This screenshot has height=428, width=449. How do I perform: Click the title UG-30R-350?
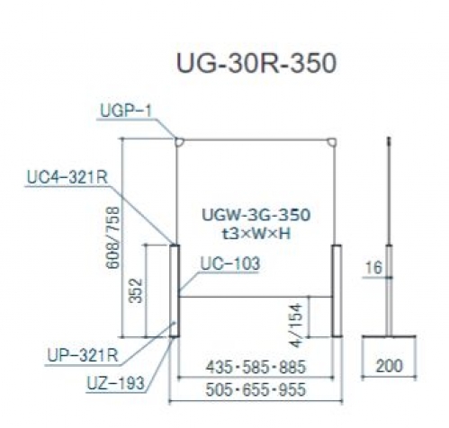[x=256, y=64]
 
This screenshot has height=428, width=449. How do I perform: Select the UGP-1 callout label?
[x=126, y=111]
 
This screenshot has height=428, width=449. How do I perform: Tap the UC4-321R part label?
[x=67, y=177]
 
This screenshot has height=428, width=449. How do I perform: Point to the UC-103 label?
[x=229, y=264]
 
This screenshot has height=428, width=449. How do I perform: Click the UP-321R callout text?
[x=83, y=356]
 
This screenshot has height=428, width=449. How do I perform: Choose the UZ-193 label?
[x=116, y=383]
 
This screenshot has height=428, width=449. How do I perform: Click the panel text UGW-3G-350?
[x=256, y=215]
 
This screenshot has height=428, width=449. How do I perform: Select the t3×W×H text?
[x=256, y=234]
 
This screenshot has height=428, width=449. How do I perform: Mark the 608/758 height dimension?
[x=113, y=237]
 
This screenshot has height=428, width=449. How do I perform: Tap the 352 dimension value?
[x=136, y=290]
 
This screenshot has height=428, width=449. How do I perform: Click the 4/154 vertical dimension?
[x=296, y=325]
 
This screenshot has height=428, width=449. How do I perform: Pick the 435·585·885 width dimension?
[x=256, y=367]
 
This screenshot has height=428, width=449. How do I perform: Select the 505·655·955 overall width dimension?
[x=256, y=389]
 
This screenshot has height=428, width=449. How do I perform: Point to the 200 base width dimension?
[x=389, y=366]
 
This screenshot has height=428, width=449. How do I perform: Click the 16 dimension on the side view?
[x=374, y=267]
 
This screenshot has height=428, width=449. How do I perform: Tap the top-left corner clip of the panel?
[x=180, y=142]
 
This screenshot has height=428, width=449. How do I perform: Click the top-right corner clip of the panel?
[x=332, y=142]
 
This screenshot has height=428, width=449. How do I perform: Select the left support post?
[x=175, y=290]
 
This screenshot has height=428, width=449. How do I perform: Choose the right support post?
[x=337, y=290]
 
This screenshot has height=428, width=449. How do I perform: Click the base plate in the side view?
[x=389, y=336]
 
